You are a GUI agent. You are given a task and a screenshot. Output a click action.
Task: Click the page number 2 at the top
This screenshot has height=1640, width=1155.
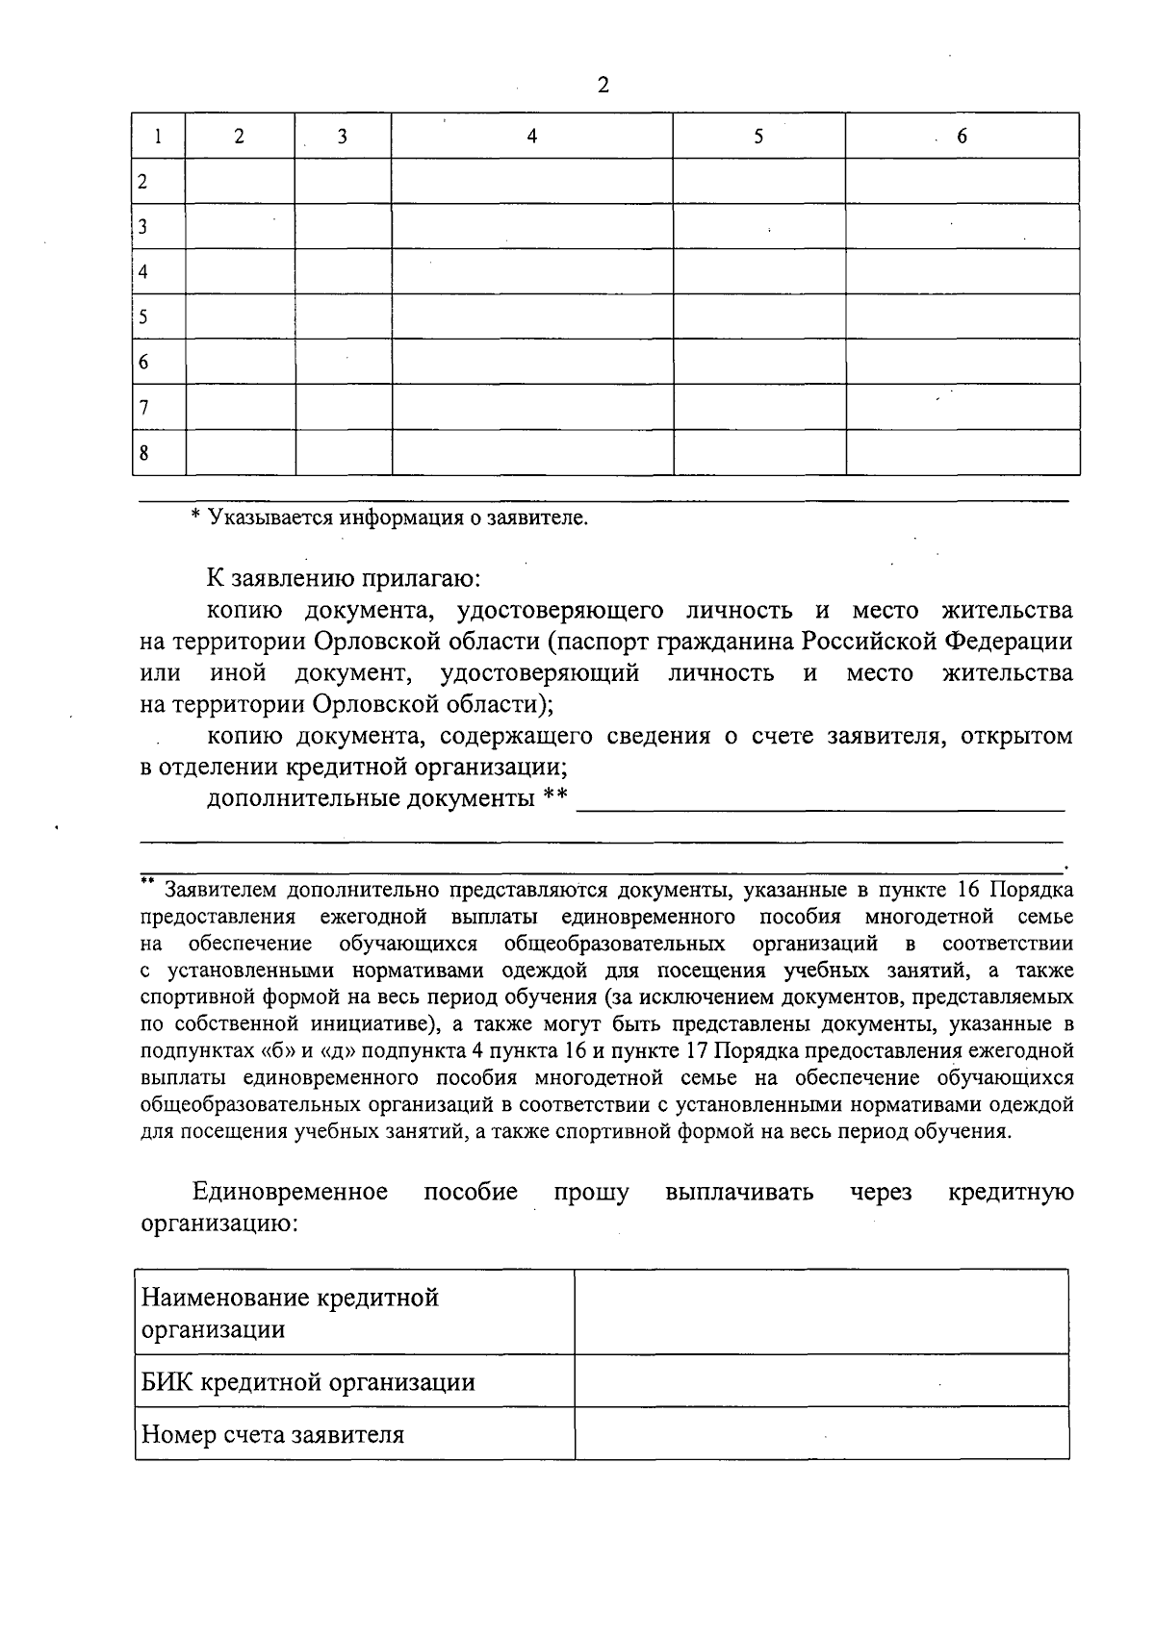pyautogui.click(x=603, y=86)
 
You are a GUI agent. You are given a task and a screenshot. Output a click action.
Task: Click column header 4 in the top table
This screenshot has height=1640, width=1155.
pyautogui.click(x=531, y=137)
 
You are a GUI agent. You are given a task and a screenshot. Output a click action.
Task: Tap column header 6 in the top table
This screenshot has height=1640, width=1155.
pyautogui.click(x=962, y=137)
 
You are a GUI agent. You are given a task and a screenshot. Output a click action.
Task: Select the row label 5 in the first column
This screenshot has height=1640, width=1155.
pyautogui.click(x=143, y=316)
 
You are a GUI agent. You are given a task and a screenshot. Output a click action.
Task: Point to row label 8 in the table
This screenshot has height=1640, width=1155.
pyautogui.click(x=143, y=453)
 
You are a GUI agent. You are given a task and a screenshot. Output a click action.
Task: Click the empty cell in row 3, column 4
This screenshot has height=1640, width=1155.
pyautogui.click(x=531, y=227)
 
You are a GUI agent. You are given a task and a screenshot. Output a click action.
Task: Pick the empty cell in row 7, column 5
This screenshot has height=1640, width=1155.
pyautogui.click(x=758, y=407)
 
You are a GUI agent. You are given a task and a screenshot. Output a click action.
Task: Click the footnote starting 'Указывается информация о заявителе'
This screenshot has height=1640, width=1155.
pyautogui.click(x=390, y=518)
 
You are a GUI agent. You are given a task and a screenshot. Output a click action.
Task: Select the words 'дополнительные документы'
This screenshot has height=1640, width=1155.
pyautogui.click(x=371, y=798)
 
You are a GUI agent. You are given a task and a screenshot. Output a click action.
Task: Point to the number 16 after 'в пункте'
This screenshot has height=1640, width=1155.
pyautogui.click(x=968, y=890)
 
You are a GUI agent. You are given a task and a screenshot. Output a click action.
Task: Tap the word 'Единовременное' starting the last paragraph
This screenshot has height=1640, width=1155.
pyautogui.click(x=291, y=1193)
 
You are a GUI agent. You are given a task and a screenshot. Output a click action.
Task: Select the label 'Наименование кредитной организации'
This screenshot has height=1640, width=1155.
pyautogui.click(x=290, y=1313)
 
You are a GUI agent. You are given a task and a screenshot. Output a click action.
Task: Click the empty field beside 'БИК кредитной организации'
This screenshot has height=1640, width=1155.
pyautogui.click(x=821, y=1382)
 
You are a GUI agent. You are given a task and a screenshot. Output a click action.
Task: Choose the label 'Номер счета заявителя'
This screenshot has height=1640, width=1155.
pyautogui.click(x=272, y=1435)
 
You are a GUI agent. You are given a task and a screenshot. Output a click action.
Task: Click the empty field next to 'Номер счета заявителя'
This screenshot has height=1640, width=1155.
pyautogui.click(x=821, y=1434)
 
